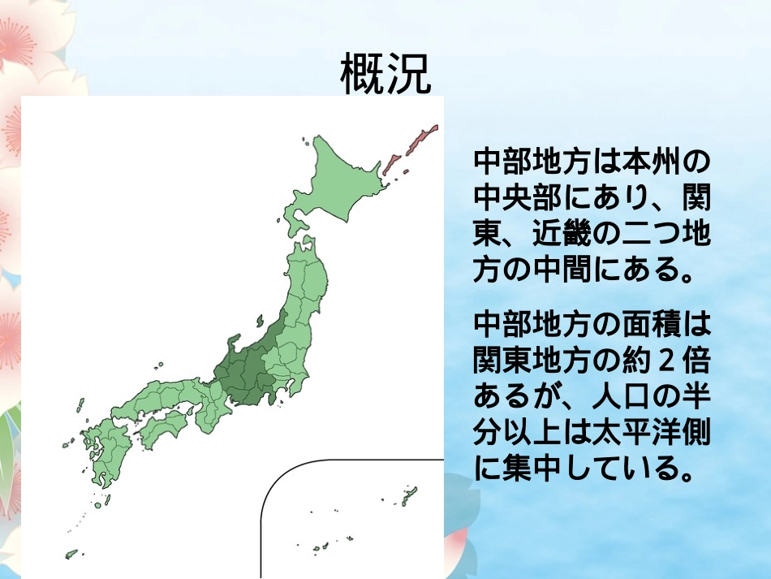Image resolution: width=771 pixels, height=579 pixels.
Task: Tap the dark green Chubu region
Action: click(x=248, y=369)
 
